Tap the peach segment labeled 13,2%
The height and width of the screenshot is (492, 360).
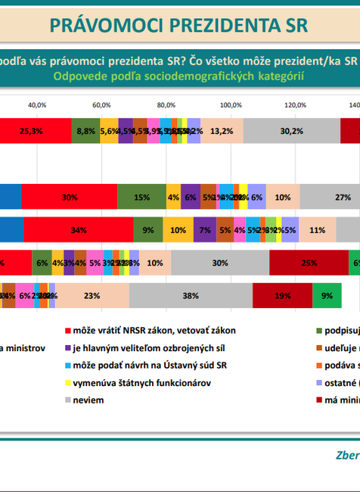pos(222,130)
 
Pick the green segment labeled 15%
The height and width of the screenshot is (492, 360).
pos(141,196)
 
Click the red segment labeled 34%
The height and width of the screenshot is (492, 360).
pos(78,229)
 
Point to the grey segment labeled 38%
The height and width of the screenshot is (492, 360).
pos(191,295)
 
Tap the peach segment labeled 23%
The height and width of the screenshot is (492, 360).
pos(92,295)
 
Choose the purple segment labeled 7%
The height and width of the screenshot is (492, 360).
pos(204,229)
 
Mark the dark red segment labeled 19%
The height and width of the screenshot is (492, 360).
pos(282,295)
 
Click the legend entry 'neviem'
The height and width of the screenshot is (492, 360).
pos(87,399)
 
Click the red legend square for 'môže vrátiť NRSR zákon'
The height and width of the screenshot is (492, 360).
pos(67,332)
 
